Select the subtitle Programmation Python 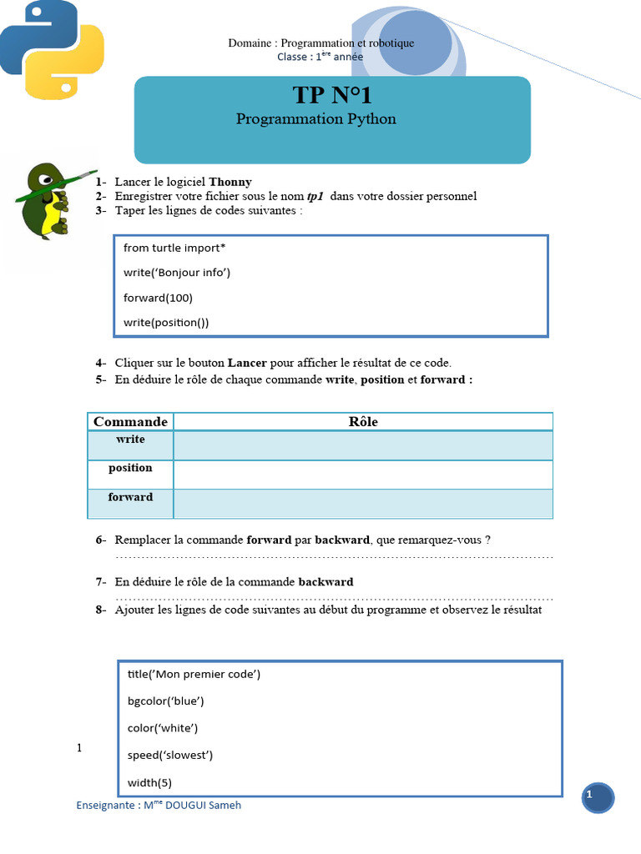[x=315, y=119]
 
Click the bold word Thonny [x=230, y=182]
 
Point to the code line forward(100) [x=158, y=298]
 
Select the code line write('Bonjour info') [x=176, y=273]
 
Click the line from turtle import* [x=174, y=248]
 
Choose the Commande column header [x=130, y=422]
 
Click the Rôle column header [x=363, y=422]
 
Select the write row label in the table [x=130, y=440]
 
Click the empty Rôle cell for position [x=363, y=475]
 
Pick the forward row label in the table [x=130, y=497]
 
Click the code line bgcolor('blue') [x=165, y=701]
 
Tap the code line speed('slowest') [x=170, y=755]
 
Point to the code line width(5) [x=149, y=782]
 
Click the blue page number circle [x=598, y=798]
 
